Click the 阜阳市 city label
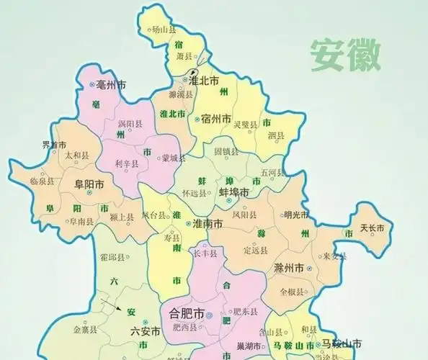89,184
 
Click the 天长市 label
373,228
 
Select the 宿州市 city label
216,118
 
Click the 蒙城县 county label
174,158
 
